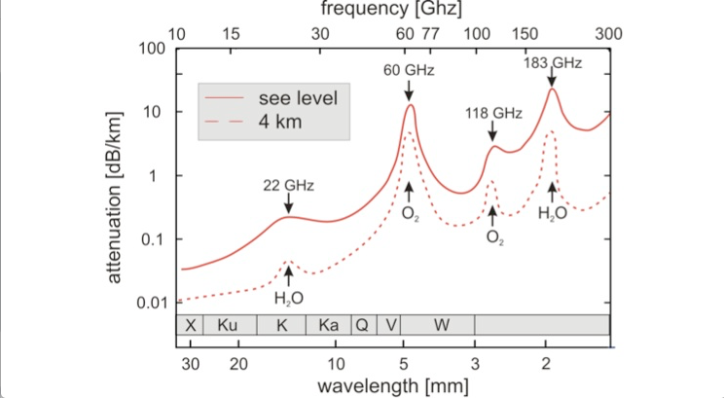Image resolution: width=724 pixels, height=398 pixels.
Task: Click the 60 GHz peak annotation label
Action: pyautogui.click(x=409, y=70)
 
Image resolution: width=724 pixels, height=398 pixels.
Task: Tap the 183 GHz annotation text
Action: pyautogui.click(x=553, y=63)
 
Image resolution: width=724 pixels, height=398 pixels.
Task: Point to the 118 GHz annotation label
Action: pyautogui.click(x=493, y=113)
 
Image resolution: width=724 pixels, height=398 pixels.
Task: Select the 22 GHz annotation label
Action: pyautogui.click(x=289, y=186)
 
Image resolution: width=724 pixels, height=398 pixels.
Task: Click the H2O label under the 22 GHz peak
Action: pyautogui.click(x=289, y=299)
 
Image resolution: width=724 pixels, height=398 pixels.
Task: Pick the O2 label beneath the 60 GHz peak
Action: pyautogui.click(x=410, y=215)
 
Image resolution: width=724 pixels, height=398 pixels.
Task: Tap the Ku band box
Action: pyautogui.click(x=230, y=325)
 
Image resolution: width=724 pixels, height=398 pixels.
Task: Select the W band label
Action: pyautogui.click(x=442, y=325)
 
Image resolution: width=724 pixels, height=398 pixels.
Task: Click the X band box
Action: pyautogui.click(x=190, y=325)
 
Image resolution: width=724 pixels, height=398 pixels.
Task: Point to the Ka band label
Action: pyautogui.click(x=328, y=325)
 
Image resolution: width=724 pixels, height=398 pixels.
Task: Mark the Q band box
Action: pyautogui.click(x=364, y=325)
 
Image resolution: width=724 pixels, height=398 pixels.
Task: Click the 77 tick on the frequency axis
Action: pyautogui.click(x=430, y=34)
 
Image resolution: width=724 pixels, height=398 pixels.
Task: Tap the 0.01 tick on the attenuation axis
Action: pyautogui.click(x=152, y=303)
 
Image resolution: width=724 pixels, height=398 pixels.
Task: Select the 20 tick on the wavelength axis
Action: pyautogui.click(x=238, y=364)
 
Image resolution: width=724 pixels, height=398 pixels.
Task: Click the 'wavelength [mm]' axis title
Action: pyautogui.click(x=392, y=385)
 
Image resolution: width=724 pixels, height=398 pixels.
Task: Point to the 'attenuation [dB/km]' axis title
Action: pyautogui.click(x=114, y=198)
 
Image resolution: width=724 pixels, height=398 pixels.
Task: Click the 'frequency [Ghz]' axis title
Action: pyautogui.click(x=391, y=9)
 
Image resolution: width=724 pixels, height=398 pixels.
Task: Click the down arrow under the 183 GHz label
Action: pyautogui.click(x=552, y=78)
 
